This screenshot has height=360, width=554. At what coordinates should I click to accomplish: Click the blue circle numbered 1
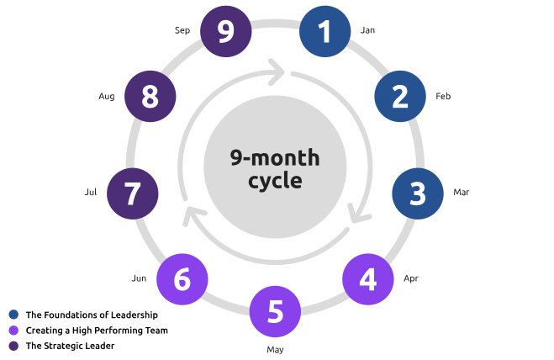coord(325,32)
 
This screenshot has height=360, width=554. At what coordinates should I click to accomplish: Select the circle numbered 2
coord(400,97)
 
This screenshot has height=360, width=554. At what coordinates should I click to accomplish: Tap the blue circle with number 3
coord(418,193)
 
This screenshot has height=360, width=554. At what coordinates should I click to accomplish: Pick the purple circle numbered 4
coord(367,278)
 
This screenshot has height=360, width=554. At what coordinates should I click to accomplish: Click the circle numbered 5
coord(275,312)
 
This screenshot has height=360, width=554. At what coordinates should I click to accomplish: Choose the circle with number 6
coord(182,278)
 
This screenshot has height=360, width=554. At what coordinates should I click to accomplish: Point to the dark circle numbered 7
coord(132,193)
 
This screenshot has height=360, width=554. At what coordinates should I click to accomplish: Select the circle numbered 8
coord(150,97)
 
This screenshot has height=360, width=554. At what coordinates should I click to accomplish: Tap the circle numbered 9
coord(224,32)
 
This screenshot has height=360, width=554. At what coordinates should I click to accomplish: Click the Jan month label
coord(367,30)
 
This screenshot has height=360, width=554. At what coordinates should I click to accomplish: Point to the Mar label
coord(462,193)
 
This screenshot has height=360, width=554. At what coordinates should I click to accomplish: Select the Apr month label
coord(411,278)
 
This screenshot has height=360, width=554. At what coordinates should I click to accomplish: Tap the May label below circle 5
coord(275,349)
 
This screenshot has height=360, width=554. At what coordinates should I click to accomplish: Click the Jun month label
coord(139,278)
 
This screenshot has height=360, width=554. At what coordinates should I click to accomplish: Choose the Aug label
coord(106,97)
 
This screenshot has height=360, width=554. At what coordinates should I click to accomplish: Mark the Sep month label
coord(182,30)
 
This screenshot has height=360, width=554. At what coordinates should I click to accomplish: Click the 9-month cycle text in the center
coord(275,169)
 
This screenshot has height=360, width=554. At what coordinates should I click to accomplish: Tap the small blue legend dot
coord(13,314)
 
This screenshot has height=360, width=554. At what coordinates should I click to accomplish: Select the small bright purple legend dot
coord(13,330)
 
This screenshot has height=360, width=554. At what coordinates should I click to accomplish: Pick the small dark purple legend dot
coord(13,345)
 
